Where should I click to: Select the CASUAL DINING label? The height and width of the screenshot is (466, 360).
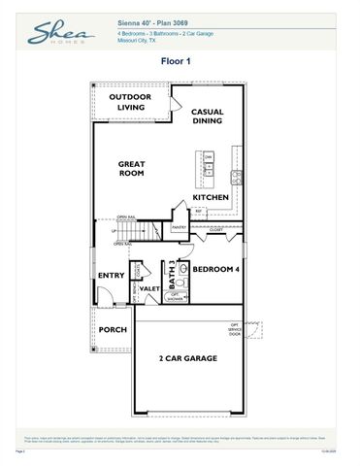click(207, 116)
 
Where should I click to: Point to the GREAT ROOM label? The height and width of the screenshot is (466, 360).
click(132, 169)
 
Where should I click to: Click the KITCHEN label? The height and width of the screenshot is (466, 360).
click(211, 198)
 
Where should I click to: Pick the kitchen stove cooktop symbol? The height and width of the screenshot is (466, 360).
click(236, 176)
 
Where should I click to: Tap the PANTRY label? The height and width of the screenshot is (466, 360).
click(179, 227)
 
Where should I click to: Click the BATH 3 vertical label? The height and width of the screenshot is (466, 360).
click(173, 271)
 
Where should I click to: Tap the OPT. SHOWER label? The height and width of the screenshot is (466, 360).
click(176, 299)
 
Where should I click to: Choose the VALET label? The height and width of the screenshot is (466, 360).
click(149, 288)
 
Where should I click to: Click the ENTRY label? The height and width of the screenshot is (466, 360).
click(112, 276)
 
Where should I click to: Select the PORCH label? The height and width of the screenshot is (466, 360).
click(113, 329)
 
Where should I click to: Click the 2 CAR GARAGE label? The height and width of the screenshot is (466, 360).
click(188, 358)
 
